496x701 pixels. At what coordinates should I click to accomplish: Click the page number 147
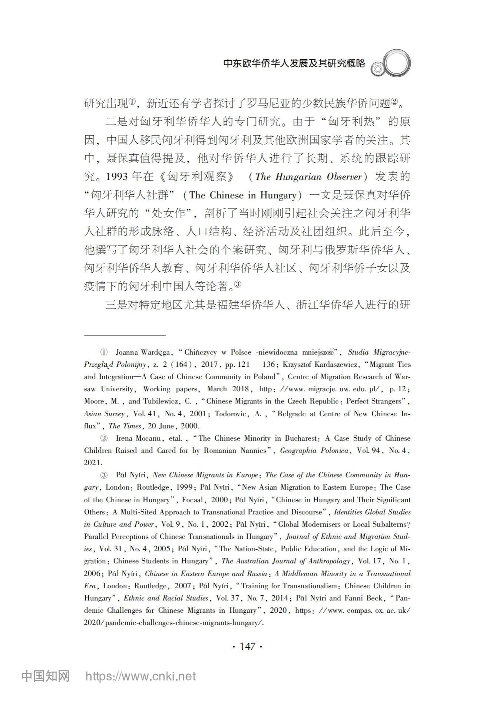pyautogui.click(x=248, y=646)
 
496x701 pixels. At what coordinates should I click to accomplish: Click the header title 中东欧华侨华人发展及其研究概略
pyautogui.click(x=294, y=63)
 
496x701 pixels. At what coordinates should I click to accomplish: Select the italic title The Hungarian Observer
pyautogui.click(x=308, y=177)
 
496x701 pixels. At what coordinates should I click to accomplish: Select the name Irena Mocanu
pyautogui.click(x=138, y=438)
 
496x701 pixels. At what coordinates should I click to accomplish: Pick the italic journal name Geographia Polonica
pyautogui.click(x=314, y=450)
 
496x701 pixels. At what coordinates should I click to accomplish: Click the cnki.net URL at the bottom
pyautogui.click(x=140, y=676)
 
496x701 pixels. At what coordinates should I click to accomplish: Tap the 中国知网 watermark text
pyautogui.click(x=45, y=676)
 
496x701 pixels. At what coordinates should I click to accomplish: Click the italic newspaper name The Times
pyautogui.click(x=125, y=426)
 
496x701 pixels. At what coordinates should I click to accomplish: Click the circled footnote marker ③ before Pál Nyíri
pyautogui.click(x=104, y=475)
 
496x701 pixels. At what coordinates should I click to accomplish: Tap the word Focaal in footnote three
pyautogui.click(x=192, y=500)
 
